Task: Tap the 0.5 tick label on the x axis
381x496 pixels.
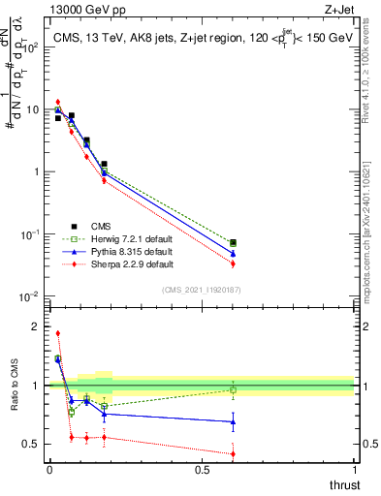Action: [202, 470]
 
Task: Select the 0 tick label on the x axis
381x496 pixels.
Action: [48, 470]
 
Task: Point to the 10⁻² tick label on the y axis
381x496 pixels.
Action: [28, 295]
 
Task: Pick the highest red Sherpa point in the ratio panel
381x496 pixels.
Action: [58, 333]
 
